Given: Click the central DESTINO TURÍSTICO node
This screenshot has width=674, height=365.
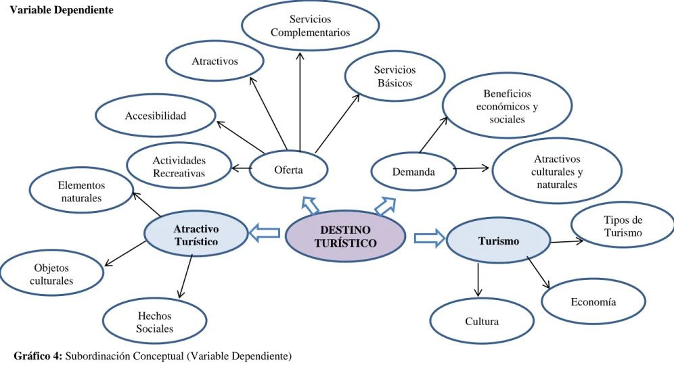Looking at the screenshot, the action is (346, 236).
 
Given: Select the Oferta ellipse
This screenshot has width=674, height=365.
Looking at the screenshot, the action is (288, 170).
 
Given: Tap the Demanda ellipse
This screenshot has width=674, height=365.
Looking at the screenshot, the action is (413, 172).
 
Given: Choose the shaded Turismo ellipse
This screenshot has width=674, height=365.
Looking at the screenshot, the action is (499, 241).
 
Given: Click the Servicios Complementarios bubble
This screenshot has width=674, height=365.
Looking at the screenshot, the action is (311, 26).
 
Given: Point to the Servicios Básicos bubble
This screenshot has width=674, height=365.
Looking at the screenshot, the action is (395, 76).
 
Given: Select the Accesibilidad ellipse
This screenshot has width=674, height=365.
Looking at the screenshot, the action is (156, 116).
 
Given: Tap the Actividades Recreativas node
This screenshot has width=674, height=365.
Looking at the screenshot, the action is (179, 166).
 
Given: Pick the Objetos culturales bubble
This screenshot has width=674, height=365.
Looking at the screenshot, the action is (51, 274).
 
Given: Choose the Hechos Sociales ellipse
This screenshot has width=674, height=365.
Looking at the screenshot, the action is (155, 322).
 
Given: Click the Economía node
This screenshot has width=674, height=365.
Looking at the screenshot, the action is (593, 302).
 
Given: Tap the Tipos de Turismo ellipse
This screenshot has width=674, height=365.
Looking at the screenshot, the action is (623, 226).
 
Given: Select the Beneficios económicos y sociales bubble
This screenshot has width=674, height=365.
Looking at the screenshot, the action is (508, 106).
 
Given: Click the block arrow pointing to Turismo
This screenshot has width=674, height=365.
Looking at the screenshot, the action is (430, 239).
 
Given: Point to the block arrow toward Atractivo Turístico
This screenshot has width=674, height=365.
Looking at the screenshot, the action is (265, 233).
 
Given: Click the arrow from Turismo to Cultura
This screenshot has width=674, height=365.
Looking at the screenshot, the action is (478, 280).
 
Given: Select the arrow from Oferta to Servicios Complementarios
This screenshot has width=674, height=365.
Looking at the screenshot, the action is (300, 102).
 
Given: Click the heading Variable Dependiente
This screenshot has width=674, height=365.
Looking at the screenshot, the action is (62, 10).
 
